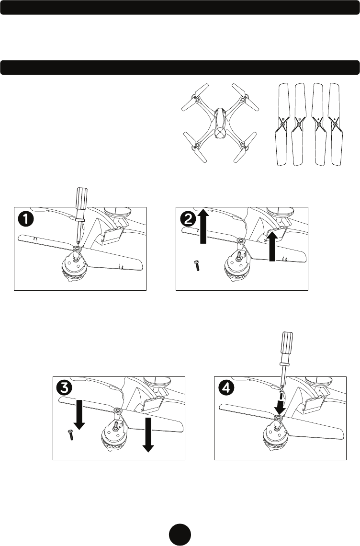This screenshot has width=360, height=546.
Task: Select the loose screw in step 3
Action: (x=70, y=435)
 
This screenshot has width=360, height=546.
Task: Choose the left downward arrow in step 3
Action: (x=79, y=415)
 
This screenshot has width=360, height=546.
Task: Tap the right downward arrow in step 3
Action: (x=148, y=434)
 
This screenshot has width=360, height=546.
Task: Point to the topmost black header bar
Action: (x=180, y=7)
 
